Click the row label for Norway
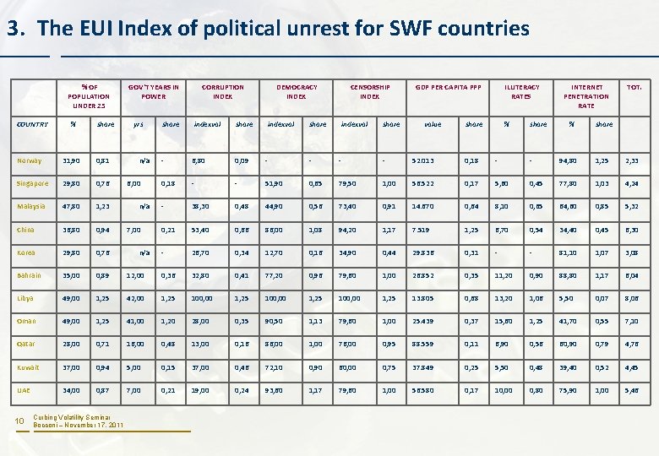[30, 160]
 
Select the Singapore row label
[34, 183]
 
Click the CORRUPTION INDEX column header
[223, 91]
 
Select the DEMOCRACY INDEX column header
[297, 91]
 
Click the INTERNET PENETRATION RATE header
[587, 96]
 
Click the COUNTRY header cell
[33, 124]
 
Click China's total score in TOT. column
[633, 230]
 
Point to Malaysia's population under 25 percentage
[74, 206]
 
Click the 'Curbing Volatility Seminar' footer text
[75, 417]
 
